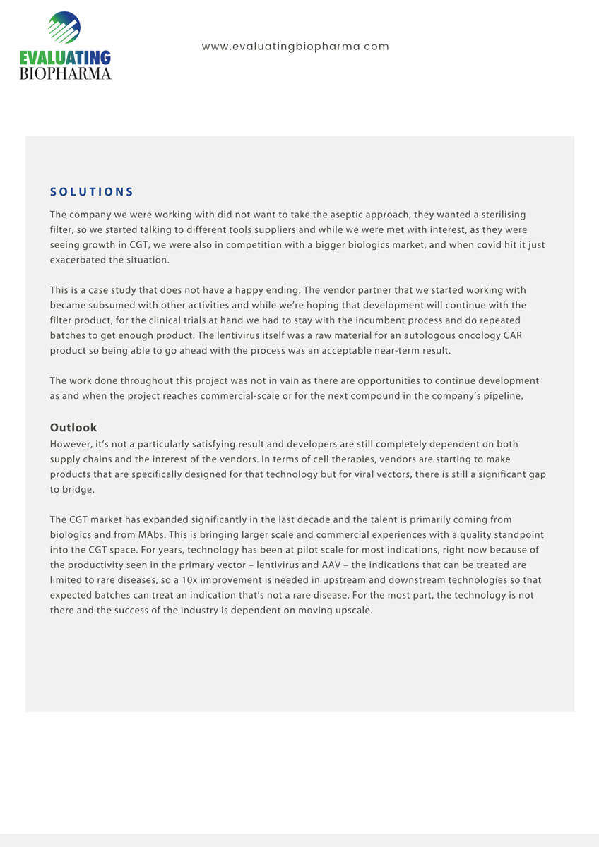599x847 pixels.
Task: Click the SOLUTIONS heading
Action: click(92, 192)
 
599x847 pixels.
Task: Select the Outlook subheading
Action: click(73, 428)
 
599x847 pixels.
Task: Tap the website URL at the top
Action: click(295, 47)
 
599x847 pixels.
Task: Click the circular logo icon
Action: click(64, 29)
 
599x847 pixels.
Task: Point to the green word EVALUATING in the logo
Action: click(65, 59)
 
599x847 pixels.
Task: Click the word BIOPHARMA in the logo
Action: click(65, 73)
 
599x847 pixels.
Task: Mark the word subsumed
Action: click(111, 306)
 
